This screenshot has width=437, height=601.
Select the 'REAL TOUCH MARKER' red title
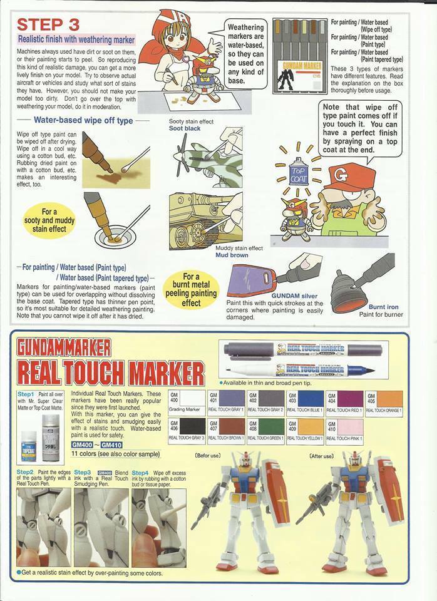pos(110,374)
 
